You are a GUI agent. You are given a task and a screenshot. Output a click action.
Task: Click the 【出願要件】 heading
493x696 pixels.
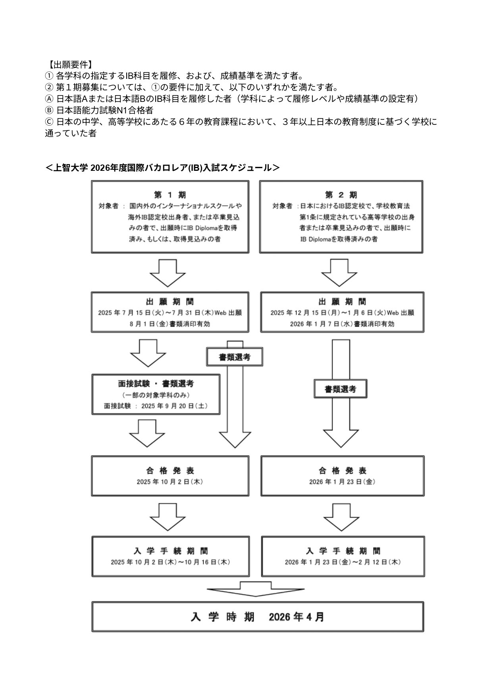(x=69, y=65)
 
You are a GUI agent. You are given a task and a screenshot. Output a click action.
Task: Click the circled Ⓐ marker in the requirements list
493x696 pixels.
(x=48, y=99)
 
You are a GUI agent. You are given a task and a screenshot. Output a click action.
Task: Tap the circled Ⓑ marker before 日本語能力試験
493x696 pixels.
(x=48, y=110)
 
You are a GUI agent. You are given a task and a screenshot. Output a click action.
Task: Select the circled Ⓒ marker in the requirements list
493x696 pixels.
(x=48, y=122)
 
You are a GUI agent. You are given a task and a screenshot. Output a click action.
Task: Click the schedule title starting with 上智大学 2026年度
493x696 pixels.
(x=162, y=168)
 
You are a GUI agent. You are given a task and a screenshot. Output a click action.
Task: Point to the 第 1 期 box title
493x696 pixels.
(x=169, y=195)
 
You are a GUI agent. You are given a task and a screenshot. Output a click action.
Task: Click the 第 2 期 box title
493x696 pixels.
(x=341, y=195)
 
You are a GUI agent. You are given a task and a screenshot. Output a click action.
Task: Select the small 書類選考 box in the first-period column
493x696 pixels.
(x=235, y=358)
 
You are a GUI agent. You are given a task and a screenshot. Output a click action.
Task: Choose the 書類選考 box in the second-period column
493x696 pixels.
(x=340, y=389)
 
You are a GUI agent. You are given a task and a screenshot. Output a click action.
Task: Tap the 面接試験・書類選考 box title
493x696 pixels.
(x=156, y=384)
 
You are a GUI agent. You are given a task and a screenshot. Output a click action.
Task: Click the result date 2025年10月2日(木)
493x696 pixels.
(x=170, y=482)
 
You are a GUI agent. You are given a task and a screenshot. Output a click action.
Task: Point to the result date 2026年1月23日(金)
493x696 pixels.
(x=342, y=482)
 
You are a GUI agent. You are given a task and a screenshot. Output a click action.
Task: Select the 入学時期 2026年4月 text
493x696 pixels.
(x=257, y=617)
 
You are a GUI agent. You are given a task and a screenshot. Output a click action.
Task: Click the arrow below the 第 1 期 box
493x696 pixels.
(x=168, y=273)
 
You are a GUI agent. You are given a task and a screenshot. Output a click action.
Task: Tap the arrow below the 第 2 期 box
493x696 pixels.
(x=339, y=273)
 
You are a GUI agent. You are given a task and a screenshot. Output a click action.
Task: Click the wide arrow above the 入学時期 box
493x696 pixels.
(x=256, y=589)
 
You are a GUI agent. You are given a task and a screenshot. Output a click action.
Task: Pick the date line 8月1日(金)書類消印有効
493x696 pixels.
(x=170, y=324)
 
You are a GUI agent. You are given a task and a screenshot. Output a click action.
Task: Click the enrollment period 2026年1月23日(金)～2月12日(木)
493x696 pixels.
(x=343, y=562)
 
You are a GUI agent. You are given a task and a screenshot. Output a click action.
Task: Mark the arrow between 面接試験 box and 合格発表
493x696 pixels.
(x=147, y=433)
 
